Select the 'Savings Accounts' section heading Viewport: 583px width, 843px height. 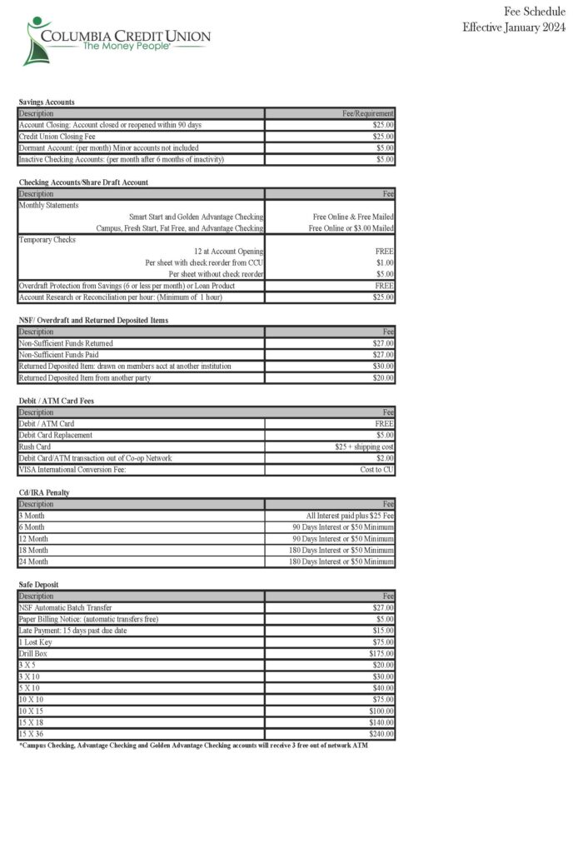(x=47, y=102)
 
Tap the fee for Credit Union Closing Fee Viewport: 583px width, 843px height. (x=383, y=137)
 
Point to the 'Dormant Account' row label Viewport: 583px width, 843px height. (x=107, y=147)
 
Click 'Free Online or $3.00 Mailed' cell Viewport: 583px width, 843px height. (x=351, y=227)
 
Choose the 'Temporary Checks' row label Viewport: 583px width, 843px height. (x=47, y=239)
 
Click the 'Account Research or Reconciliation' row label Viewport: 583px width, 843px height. (x=121, y=297)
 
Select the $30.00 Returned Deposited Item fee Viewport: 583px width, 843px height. (x=383, y=367)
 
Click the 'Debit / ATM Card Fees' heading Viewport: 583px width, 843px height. (x=56, y=401)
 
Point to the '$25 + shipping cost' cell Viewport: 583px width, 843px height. (x=364, y=446)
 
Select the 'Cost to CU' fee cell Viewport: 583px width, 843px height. (x=376, y=470)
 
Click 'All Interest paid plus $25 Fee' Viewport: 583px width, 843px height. (x=350, y=516)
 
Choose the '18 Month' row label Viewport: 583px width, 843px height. (x=34, y=550)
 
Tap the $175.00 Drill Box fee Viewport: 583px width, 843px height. (x=381, y=654)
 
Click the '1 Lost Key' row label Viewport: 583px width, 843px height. (x=37, y=642)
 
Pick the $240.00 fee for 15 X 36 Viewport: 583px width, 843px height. (x=381, y=735)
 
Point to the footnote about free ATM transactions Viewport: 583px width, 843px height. (x=193, y=746)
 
